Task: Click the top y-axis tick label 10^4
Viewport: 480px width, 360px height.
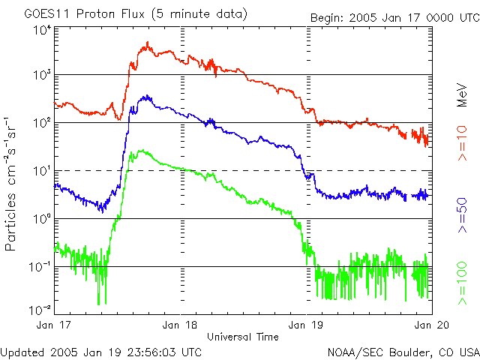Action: (x=41, y=30)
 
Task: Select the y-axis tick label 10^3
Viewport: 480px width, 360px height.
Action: (x=41, y=75)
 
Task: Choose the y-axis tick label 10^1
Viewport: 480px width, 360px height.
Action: (x=41, y=171)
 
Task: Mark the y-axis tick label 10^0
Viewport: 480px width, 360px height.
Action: (x=41, y=219)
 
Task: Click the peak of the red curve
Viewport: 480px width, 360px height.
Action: (x=148, y=43)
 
